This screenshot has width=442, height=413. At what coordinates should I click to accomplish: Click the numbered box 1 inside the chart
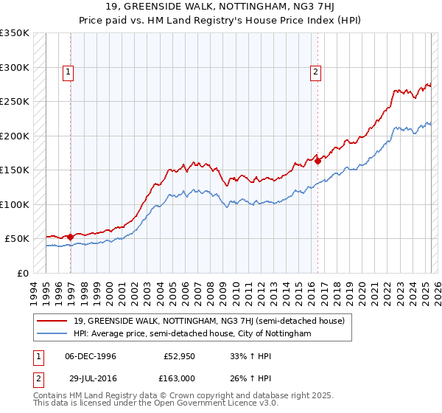69,72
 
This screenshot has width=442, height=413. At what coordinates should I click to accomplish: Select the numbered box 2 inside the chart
315,72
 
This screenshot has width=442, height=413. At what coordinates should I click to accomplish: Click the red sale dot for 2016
318,162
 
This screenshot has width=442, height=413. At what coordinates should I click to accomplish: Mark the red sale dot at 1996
71,237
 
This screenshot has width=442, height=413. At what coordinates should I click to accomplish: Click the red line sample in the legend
52,322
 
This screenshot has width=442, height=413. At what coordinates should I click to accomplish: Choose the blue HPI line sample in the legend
52,333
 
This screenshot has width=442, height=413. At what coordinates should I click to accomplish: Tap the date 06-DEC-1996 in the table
91,356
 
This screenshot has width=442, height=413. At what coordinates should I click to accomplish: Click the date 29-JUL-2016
91,378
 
